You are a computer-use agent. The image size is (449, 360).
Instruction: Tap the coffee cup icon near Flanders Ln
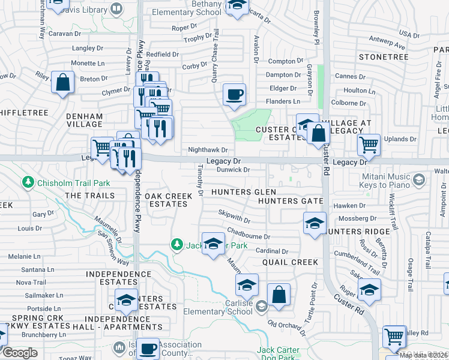tap(234, 94)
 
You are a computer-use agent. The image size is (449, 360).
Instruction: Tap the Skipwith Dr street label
tap(234, 215)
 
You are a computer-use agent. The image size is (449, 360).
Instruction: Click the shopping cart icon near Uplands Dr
tap(369, 145)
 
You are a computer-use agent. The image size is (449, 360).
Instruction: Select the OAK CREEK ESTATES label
tap(168, 200)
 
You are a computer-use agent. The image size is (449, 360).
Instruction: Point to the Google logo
tap(20, 352)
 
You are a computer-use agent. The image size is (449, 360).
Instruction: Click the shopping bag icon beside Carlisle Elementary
tap(279, 296)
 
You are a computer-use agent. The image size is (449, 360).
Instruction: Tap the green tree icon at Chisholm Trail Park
tap(28, 181)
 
